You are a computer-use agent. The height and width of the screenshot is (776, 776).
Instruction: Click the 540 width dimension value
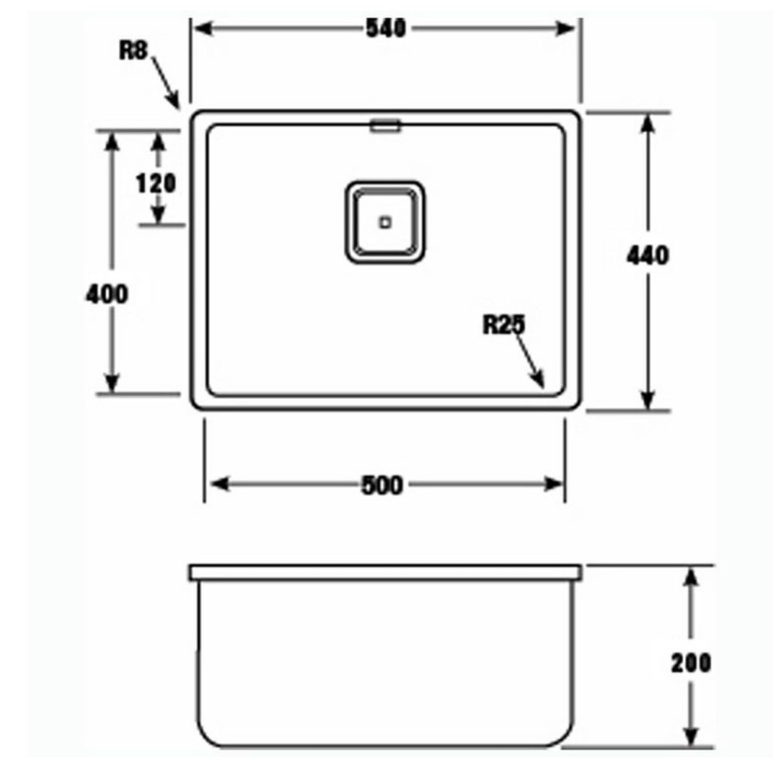tap(385, 28)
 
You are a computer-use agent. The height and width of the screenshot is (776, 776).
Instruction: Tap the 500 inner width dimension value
tap(381, 485)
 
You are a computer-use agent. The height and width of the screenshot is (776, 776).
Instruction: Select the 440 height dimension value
tap(648, 256)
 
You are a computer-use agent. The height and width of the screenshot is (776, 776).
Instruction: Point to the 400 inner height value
tap(107, 294)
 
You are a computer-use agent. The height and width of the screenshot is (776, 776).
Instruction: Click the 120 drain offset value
tap(156, 183)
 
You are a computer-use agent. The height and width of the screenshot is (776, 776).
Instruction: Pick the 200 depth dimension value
tap(691, 662)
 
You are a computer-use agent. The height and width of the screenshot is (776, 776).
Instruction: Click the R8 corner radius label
tap(133, 50)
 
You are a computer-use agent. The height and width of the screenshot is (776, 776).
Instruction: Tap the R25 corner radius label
tap(504, 325)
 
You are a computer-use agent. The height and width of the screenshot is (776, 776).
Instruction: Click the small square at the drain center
tap(385, 222)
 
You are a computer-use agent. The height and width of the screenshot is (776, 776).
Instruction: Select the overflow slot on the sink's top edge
tap(385, 126)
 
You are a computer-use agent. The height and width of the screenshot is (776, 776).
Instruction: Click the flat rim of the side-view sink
tap(385, 572)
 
